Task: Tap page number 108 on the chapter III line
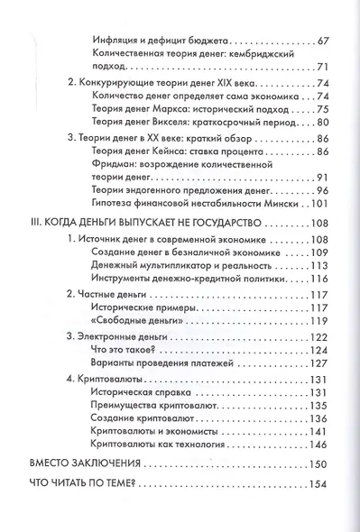[321, 223]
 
